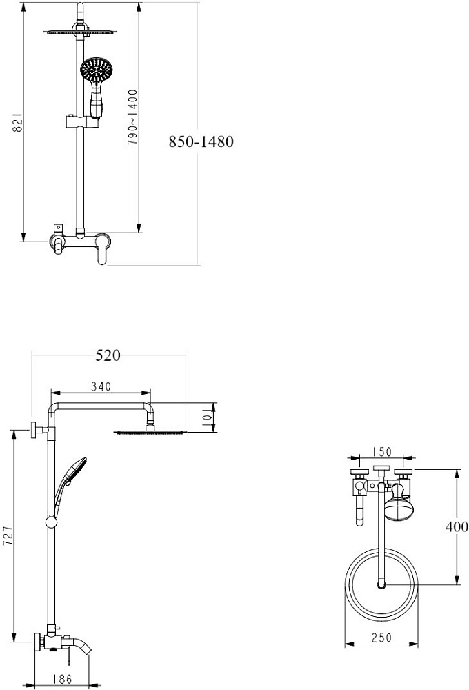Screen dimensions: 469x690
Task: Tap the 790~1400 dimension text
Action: coord(133,117)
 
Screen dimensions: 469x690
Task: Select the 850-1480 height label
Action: coord(201,141)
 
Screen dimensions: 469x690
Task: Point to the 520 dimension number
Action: coord(108,355)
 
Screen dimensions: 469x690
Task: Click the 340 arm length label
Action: coord(101,386)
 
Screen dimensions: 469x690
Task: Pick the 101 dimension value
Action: coord(206,417)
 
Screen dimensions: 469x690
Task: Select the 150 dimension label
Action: coord(381,452)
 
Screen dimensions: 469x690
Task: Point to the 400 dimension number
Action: coord(457,526)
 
